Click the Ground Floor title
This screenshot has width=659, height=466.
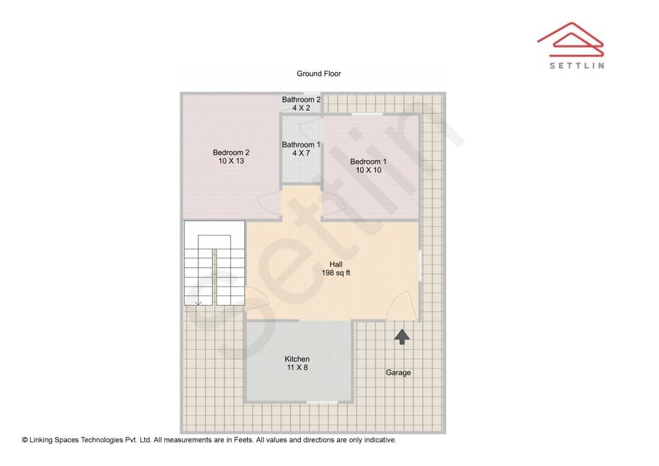[x=319, y=74]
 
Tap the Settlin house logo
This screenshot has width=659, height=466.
[x=571, y=39]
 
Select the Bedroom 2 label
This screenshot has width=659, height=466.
[x=231, y=152]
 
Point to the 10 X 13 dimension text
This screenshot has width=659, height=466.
[x=231, y=161]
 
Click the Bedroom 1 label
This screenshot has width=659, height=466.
[x=368, y=162]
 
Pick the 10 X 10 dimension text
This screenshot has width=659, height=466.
[x=368, y=170]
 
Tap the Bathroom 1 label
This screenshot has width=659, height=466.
[x=301, y=145]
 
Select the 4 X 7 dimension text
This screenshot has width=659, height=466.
[x=301, y=153]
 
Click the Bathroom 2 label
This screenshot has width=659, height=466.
[x=301, y=99]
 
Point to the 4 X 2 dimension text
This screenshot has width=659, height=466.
[x=301, y=108]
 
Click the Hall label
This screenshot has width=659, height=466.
[x=336, y=264]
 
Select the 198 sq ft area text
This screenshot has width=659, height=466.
[x=336, y=273]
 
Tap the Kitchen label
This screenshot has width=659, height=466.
[x=297, y=359]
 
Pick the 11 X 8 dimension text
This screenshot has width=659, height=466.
[x=297, y=368]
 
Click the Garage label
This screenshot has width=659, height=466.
[x=398, y=373]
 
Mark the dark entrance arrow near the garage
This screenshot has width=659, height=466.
[x=402, y=337]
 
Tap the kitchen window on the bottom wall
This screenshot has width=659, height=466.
[x=322, y=403]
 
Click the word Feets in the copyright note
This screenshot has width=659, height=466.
[x=243, y=440]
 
